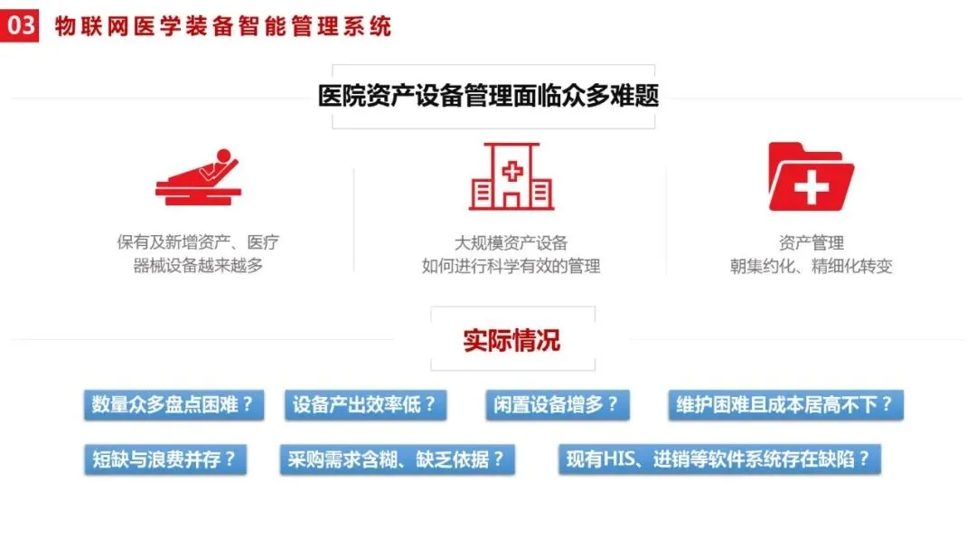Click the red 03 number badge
pos(19,24)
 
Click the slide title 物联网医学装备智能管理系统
pos(222,25)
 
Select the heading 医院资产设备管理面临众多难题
pos(488,96)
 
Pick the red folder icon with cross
pos(810,177)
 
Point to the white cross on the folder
pos(811,188)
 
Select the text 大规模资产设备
pos(511,242)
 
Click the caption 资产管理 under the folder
pos(811,242)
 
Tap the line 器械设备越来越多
pos(198,266)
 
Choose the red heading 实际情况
pos(511,340)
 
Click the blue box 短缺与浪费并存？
pos(164,459)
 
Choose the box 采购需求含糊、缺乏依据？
pos(397,459)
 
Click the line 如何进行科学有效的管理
pos(511,266)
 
